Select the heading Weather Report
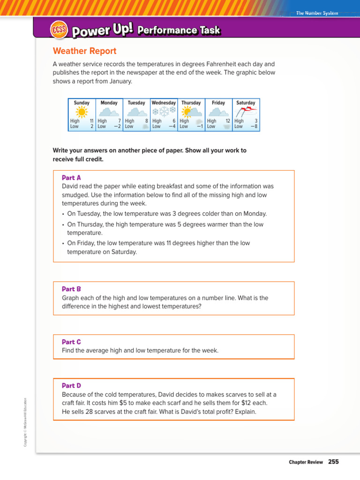pos(84,51)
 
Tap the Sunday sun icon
pos(82,112)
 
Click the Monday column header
pos(109,103)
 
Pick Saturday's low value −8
pos(254,126)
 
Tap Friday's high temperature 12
pos(228,121)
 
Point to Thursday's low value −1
pos(199,126)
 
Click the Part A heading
pos(71,178)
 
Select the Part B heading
pos(71,289)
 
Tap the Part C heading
pos(71,342)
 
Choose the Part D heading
pos(71,385)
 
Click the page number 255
pos(333,462)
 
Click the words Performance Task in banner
pos(179,30)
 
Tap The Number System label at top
pos(316,13)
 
